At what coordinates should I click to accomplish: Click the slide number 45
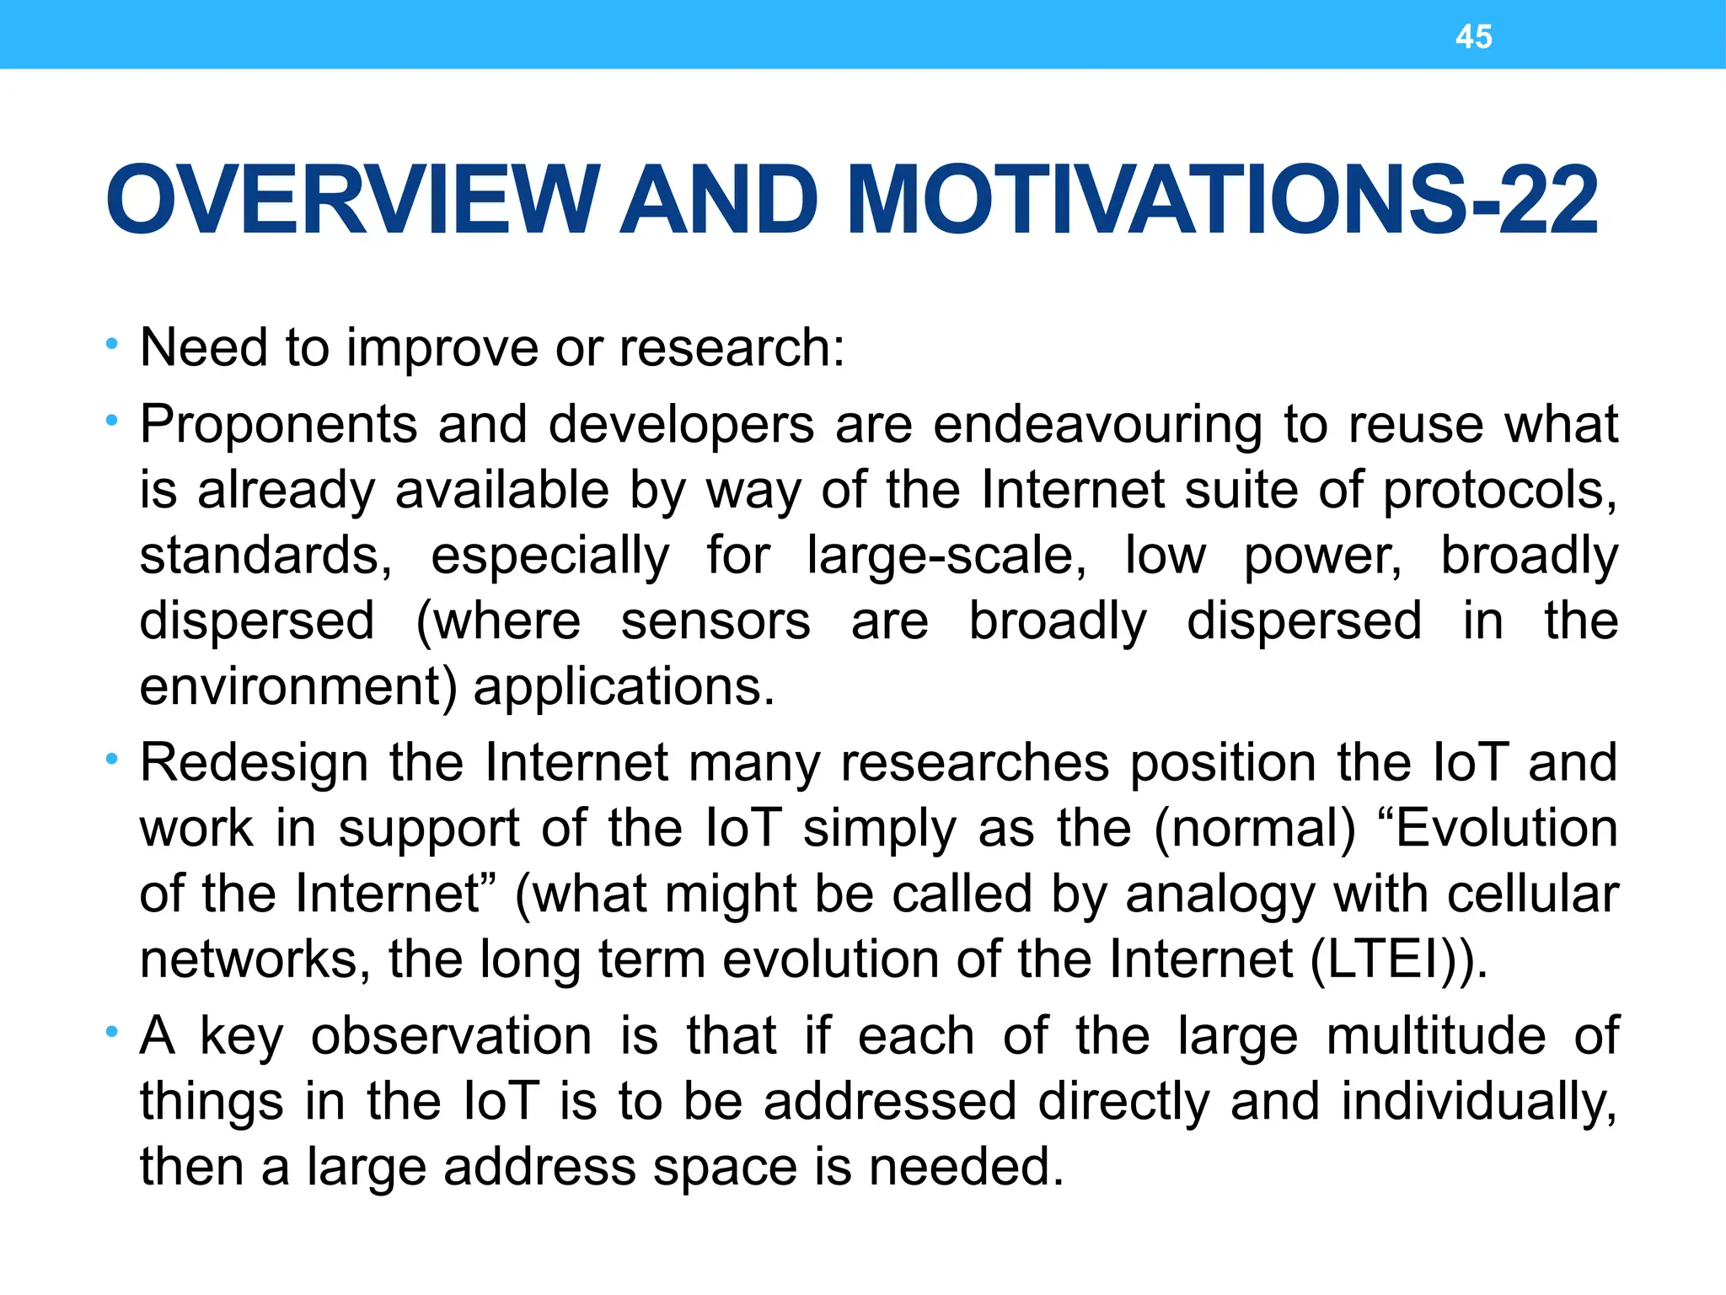coord(1473,37)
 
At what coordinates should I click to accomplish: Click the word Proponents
coord(278,424)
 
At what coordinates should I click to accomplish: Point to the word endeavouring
coord(1097,424)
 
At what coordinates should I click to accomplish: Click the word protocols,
coord(1499,491)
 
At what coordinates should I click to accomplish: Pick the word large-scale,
coord(946,556)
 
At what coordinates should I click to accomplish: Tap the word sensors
coord(716,621)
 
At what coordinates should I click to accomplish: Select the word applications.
coord(624,687)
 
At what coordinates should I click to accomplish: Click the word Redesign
coord(254,763)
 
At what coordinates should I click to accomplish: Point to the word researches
coord(975,763)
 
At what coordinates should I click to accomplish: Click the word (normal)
coord(1255,829)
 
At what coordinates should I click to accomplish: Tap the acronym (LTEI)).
coord(1399,959)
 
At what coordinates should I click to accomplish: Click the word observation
coord(451,1036)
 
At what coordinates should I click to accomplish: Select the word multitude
coord(1436,1036)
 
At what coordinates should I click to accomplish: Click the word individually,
coord(1479,1102)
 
